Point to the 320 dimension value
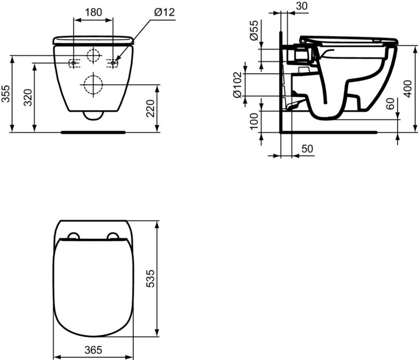coord(29,98)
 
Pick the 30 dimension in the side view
coord(301,6)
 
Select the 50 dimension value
coord(308,149)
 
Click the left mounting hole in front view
coord(74,63)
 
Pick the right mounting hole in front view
coord(112,63)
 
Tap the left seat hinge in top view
coord(73,236)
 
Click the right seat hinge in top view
coord(112,236)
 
